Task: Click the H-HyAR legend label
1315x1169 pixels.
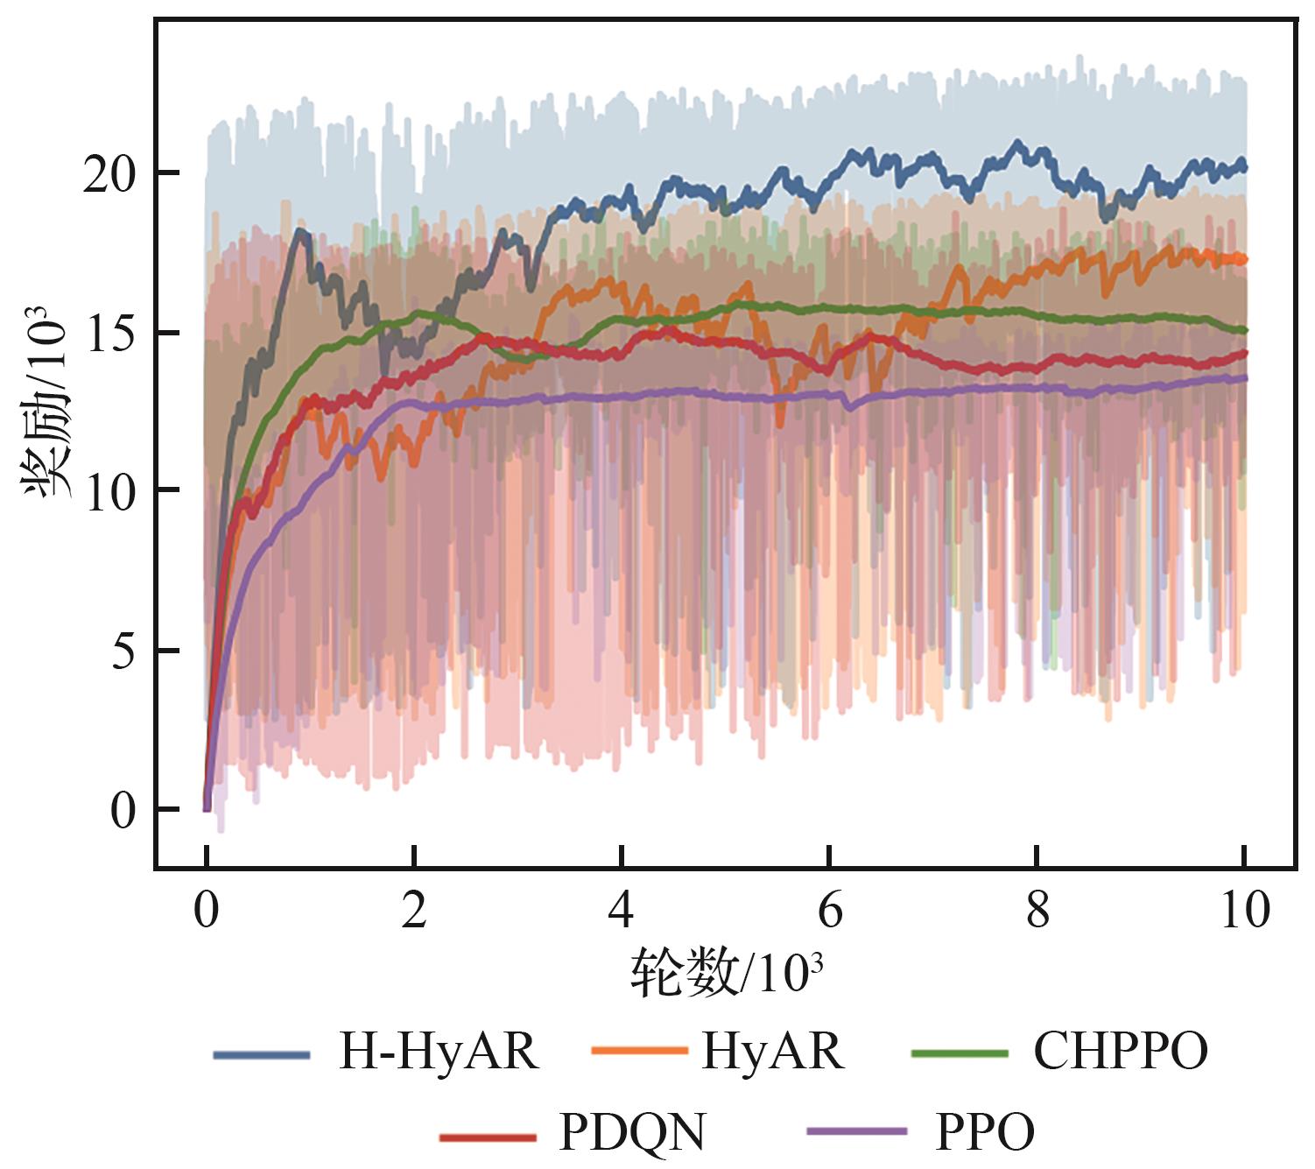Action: (x=438, y=1051)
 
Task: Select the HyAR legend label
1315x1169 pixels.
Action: (x=772, y=1051)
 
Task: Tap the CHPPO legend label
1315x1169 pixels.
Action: (x=1120, y=1051)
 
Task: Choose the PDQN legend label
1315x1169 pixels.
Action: (x=632, y=1132)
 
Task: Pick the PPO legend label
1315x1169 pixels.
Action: (x=984, y=1132)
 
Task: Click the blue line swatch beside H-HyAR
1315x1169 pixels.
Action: (x=262, y=1054)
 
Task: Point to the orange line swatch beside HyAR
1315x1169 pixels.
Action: (x=639, y=1050)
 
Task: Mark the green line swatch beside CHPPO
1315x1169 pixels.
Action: (x=959, y=1053)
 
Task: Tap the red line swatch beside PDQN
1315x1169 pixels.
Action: (x=487, y=1137)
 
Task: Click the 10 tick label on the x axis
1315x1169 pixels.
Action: (x=1244, y=911)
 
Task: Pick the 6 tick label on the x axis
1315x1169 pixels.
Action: (x=828, y=911)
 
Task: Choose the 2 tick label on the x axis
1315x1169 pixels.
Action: (x=413, y=911)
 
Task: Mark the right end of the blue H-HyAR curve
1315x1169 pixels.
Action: (x=1244, y=166)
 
